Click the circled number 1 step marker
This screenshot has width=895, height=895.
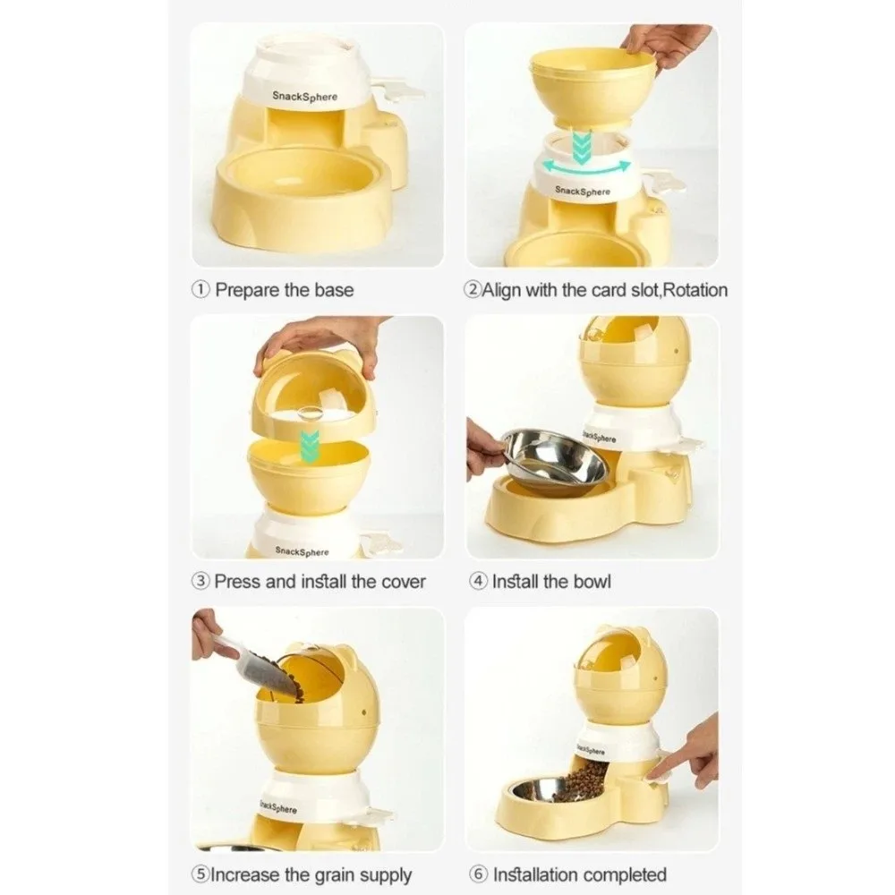pyautogui.click(x=200, y=290)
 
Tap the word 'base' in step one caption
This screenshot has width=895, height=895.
pyautogui.click(x=334, y=290)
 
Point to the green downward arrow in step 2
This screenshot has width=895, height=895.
pyautogui.click(x=582, y=147)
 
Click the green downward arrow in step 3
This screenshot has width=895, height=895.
pyautogui.click(x=309, y=446)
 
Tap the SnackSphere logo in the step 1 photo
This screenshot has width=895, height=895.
pyautogui.click(x=305, y=96)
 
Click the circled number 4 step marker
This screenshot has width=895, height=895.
pyautogui.click(x=478, y=582)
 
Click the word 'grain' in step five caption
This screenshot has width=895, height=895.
pyautogui.click(x=338, y=874)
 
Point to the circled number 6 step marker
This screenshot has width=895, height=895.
pyautogui.click(x=478, y=874)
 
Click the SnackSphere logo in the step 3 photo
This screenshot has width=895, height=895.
pyautogui.click(x=302, y=551)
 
